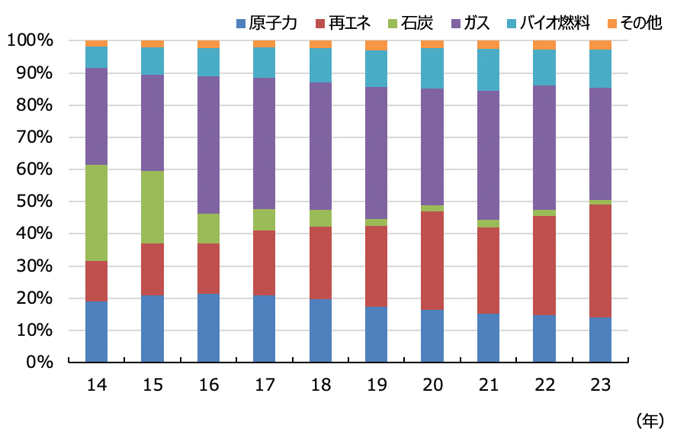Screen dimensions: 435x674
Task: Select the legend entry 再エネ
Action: pyautogui.click(x=342, y=23)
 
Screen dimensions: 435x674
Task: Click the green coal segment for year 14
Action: pyautogui.click(x=96, y=213)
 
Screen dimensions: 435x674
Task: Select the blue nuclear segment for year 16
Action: pyautogui.click(x=208, y=327)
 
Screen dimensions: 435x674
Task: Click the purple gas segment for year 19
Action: pyautogui.click(x=377, y=153)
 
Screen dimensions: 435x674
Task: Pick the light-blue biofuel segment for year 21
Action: pyautogui.click(x=489, y=69)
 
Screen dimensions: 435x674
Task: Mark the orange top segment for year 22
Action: pyautogui.click(x=544, y=45)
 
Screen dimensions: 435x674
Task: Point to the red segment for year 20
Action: pyautogui.click(x=432, y=260)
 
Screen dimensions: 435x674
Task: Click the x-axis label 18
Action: pyautogui.click(x=320, y=385)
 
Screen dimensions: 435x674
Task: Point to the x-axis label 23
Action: pyautogui.click(x=601, y=385)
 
